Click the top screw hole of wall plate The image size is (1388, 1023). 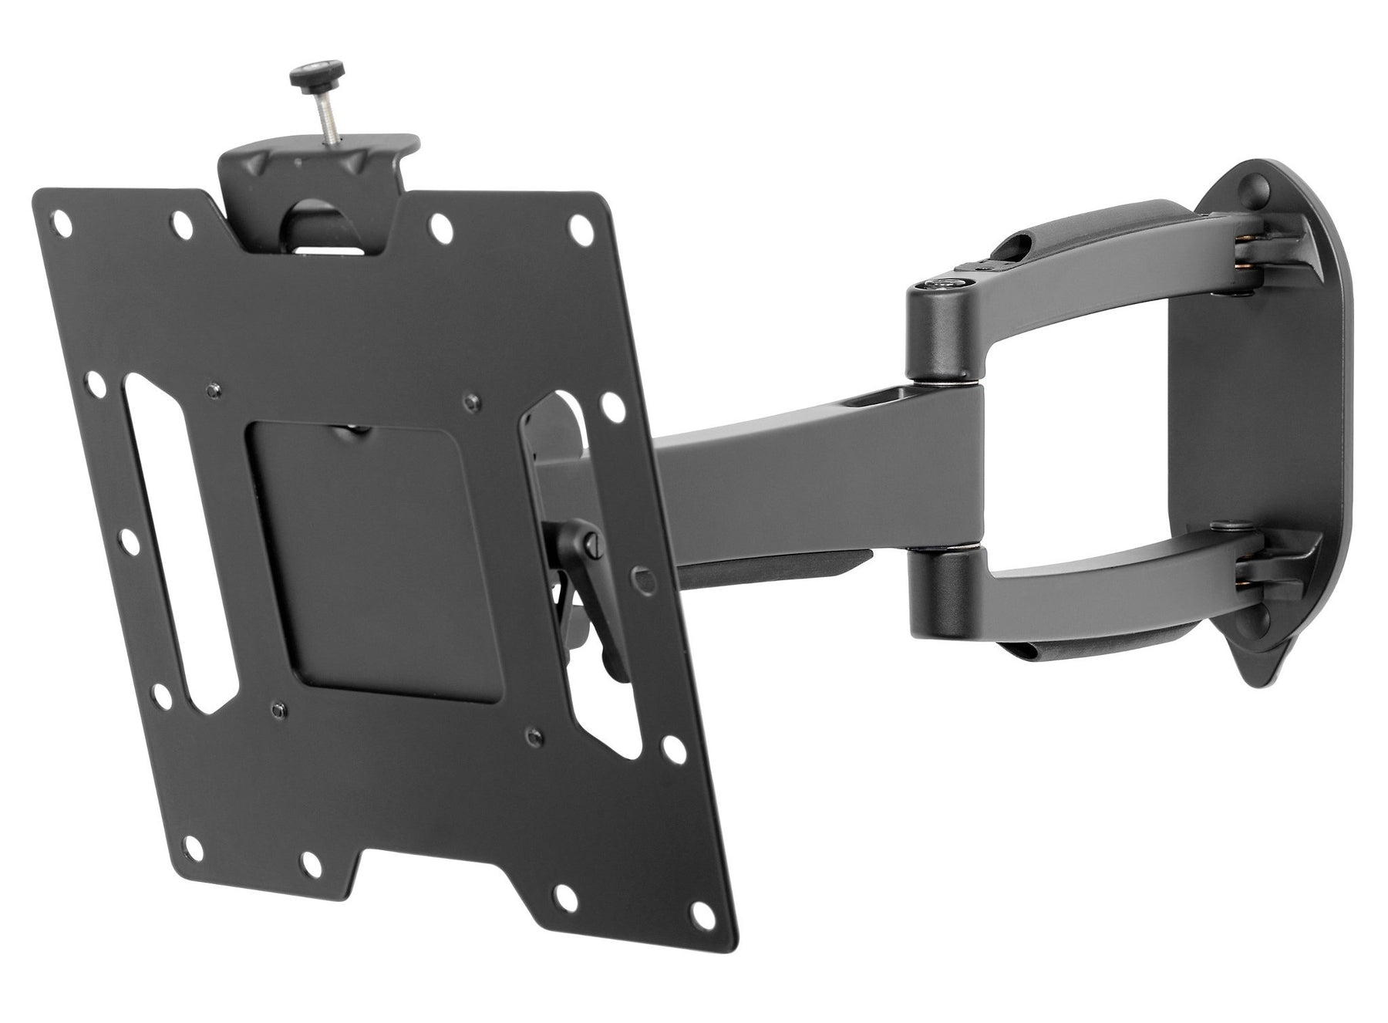1258,184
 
